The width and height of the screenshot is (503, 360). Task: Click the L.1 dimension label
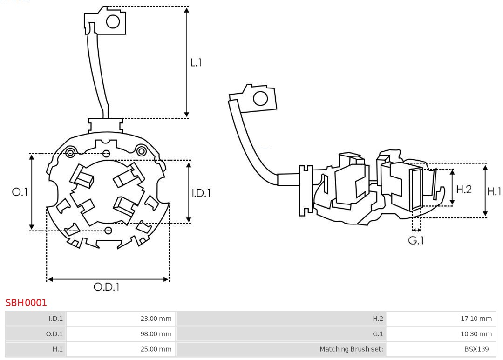(x=196, y=62)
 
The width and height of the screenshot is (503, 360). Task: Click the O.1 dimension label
(x=20, y=192)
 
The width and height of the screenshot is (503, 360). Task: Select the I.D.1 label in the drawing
(x=201, y=192)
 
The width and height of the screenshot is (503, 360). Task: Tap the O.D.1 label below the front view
(x=107, y=287)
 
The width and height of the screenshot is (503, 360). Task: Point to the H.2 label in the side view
(x=464, y=189)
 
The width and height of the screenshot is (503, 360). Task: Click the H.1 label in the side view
(x=494, y=191)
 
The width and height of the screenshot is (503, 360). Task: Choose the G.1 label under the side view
(x=416, y=240)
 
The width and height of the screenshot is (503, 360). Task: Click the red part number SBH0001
(x=26, y=303)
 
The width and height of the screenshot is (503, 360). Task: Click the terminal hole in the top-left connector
(x=113, y=21)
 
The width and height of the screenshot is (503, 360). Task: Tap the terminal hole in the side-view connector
(x=260, y=98)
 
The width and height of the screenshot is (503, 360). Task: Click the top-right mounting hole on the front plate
(x=141, y=150)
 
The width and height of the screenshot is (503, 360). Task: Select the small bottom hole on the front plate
(x=109, y=230)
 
